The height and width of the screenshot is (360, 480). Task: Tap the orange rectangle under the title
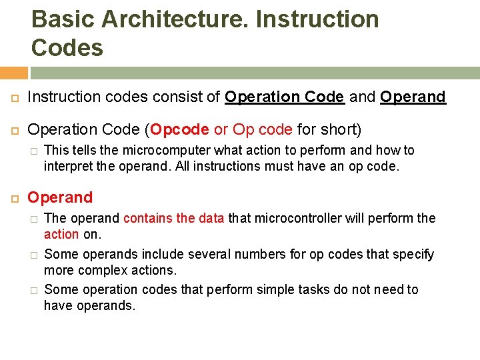(14, 73)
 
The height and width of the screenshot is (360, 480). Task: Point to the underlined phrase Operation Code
(285, 97)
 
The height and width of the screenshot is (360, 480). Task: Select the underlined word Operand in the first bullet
(413, 97)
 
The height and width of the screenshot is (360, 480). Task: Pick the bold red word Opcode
(181, 130)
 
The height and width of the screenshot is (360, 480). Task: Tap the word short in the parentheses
(340, 130)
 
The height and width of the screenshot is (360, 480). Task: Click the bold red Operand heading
(60, 198)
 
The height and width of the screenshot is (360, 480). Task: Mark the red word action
(61, 234)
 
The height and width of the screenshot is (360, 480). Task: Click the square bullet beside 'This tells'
(33, 151)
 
